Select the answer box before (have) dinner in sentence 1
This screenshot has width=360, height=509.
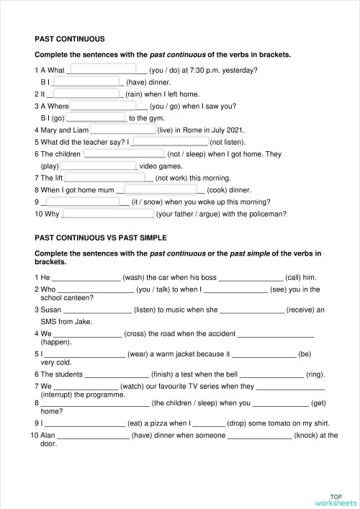pyautogui.click(x=87, y=82)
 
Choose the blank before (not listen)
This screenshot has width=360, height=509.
pyautogui.click(x=169, y=143)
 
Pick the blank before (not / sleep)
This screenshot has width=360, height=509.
pyautogui.click(x=124, y=154)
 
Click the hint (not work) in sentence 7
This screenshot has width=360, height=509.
pyautogui.click(x=174, y=178)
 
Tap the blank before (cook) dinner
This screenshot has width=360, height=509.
pyautogui.click(x=161, y=190)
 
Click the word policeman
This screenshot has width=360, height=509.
pyautogui.click(x=268, y=213)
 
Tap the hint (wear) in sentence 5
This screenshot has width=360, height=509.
pyautogui.click(x=140, y=354)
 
